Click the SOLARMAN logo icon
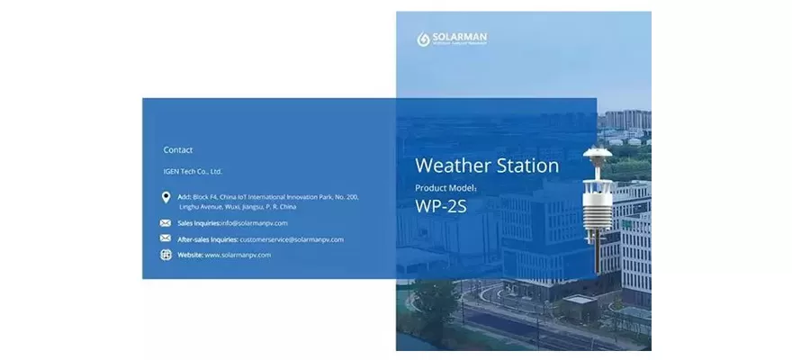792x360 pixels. click(423, 40)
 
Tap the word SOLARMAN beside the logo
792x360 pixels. click(459, 37)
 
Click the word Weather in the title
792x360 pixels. click(453, 166)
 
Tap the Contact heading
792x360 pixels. click(178, 150)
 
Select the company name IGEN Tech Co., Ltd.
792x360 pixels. click(193, 171)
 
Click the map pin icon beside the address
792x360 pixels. click(166, 198)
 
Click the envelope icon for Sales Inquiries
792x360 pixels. click(166, 222)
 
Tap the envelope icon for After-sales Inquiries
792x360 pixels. click(166, 238)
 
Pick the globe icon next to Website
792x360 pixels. click(166, 255)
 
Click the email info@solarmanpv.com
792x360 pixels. click(255, 222)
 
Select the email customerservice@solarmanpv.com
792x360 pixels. click(292, 239)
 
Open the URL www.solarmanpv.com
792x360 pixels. click(238, 255)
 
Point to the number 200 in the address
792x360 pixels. click(353, 196)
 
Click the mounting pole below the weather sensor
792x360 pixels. click(596, 261)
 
